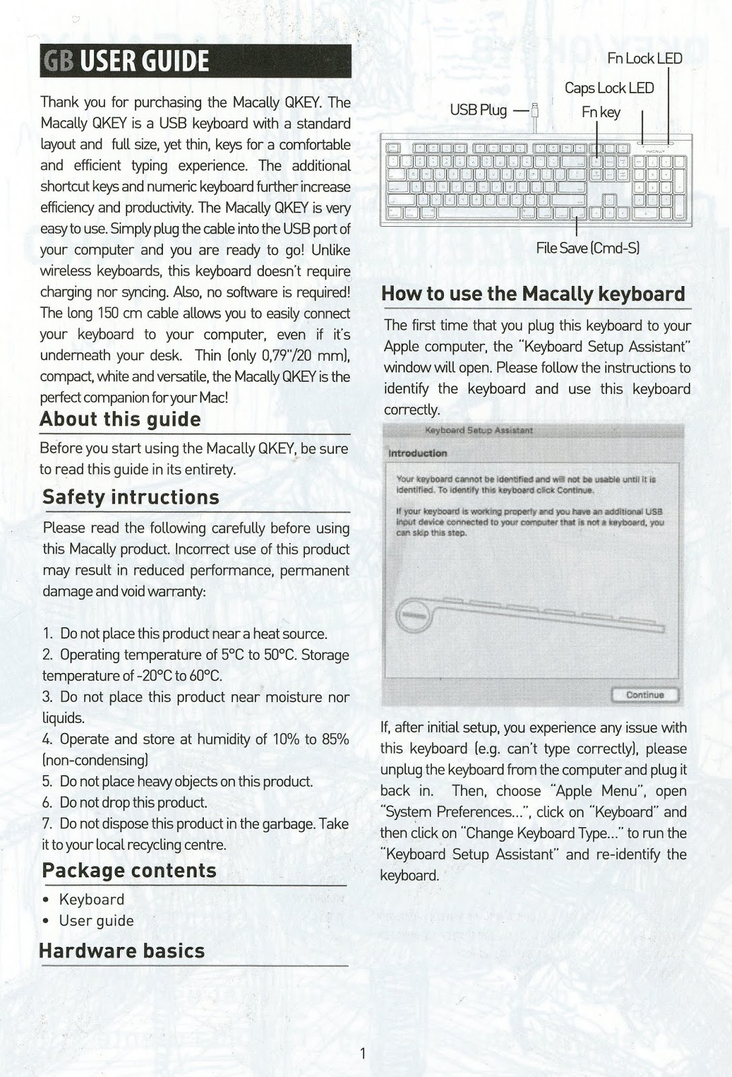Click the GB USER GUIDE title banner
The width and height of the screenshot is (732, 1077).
pyautogui.click(x=195, y=62)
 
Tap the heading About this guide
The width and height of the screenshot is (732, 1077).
pyautogui.click(x=120, y=419)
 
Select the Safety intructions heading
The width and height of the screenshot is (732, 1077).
pyautogui.click(x=131, y=497)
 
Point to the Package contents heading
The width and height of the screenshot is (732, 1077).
pyautogui.click(x=129, y=870)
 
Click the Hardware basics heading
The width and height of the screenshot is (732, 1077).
pyautogui.click(x=122, y=951)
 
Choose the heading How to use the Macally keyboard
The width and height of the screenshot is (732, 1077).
pyautogui.click(x=533, y=294)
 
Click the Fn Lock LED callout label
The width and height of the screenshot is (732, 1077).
pyautogui.click(x=644, y=59)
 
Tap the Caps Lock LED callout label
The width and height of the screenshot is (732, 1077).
pyautogui.click(x=609, y=88)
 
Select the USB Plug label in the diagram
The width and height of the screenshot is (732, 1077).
pyautogui.click(x=478, y=110)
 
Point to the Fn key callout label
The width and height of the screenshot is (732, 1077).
pyautogui.click(x=601, y=112)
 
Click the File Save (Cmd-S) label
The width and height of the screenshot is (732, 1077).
pyautogui.click(x=587, y=248)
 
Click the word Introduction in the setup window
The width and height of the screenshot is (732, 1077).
pyautogui.click(x=418, y=453)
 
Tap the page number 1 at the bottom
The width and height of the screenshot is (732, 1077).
pyautogui.click(x=363, y=1053)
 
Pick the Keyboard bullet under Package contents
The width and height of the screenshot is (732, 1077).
pyautogui.click(x=91, y=900)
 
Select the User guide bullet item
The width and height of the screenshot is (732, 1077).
pyautogui.click(x=96, y=921)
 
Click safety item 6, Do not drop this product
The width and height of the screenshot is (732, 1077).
pyautogui.click(x=133, y=802)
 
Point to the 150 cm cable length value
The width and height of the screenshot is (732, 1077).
pyautogui.click(x=120, y=314)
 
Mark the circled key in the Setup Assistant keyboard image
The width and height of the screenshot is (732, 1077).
pyautogui.click(x=412, y=615)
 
